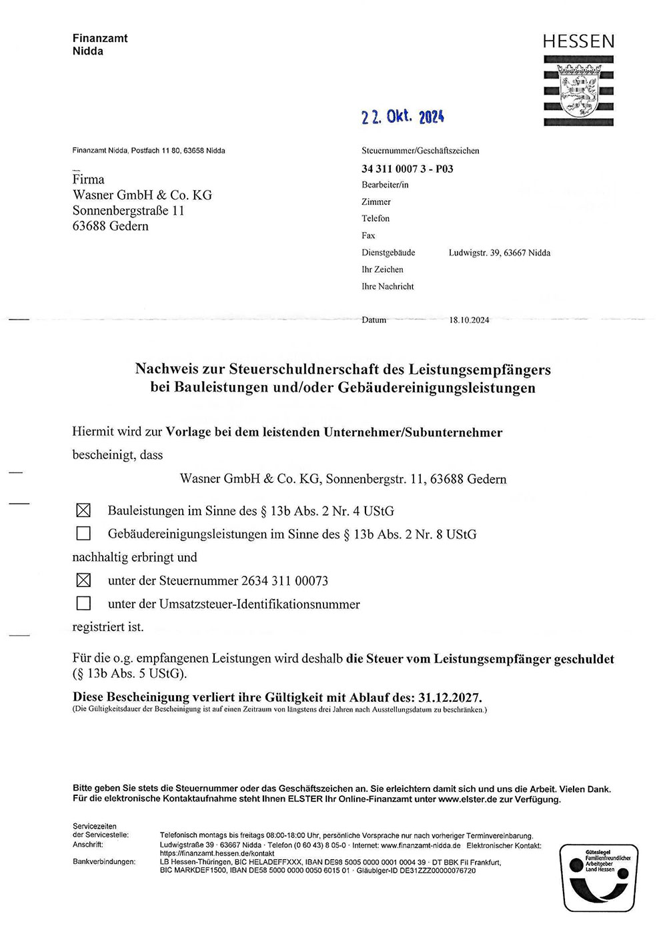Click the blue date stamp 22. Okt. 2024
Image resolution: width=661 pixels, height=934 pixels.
coord(402,117)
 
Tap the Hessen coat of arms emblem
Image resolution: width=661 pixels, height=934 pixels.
coord(579,91)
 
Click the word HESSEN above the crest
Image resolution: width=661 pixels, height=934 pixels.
coord(578,42)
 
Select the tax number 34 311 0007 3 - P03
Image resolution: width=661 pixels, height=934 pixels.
coord(407,169)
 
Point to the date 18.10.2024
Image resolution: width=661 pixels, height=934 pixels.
coord(469,320)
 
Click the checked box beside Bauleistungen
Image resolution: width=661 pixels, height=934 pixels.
coord(83,511)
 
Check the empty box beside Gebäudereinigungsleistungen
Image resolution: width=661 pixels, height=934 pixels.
coord(83,534)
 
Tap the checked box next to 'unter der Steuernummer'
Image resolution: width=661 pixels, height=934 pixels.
coord(83,580)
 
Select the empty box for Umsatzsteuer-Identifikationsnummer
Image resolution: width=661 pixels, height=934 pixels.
coord(83,604)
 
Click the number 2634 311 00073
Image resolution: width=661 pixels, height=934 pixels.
coord(285,581)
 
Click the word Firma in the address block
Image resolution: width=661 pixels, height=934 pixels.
coord(89,179)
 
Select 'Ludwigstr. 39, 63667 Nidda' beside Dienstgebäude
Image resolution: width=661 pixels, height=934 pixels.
coord(499,253)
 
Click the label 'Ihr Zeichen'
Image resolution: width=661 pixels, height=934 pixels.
coord(382,270)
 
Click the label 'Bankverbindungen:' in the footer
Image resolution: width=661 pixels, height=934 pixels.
coord(103,862)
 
